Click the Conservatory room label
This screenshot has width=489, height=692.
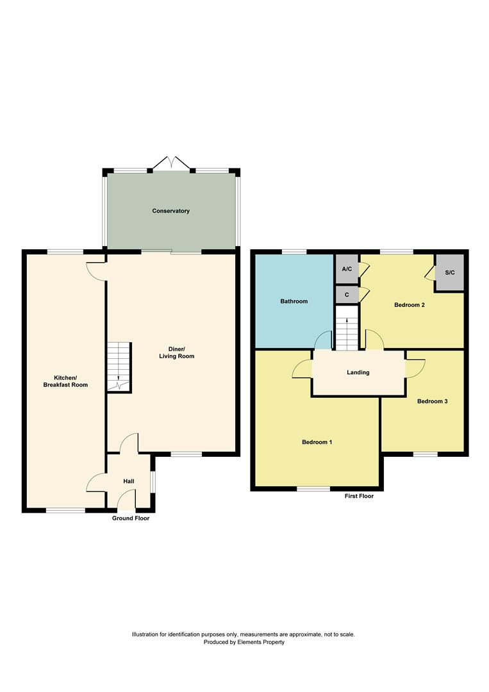(170, 211)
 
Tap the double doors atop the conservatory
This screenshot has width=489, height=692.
(170, 163)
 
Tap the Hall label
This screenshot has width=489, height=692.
(129, 481)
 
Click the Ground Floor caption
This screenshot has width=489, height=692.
(130, 518)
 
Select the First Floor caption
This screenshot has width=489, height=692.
(358, 496)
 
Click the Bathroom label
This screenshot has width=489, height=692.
(294, 301)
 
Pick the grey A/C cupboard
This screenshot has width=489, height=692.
(347, 269)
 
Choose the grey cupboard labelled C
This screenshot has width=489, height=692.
(347, 295)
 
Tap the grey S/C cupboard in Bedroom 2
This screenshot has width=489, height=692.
(450, 273)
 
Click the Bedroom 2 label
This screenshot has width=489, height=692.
(410, 305)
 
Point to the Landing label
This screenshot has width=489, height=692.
(358, 372)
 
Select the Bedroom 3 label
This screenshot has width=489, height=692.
(432, 402)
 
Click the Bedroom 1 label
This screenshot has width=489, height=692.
(317, 442)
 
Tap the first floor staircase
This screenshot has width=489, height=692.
(347, 328)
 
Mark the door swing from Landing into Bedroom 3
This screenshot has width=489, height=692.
(414, 368)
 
